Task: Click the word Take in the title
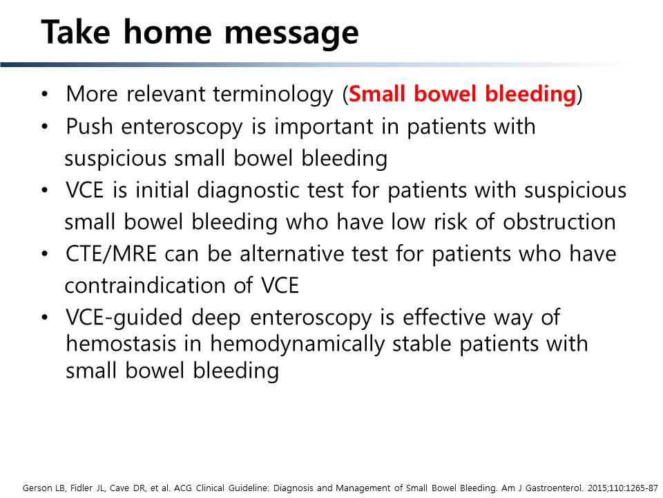75,32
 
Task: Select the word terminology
273,95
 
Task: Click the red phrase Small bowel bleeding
463,94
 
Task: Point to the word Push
89,126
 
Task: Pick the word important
323,127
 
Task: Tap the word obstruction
559,221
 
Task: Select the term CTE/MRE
111,254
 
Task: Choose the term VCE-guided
124,318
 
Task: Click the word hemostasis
121,344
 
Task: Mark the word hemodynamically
298,344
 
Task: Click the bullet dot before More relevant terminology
45,95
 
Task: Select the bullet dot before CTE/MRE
45,255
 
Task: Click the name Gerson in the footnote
37,488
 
